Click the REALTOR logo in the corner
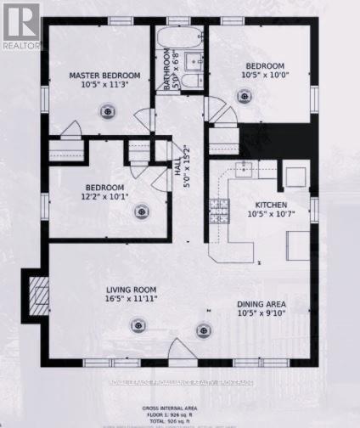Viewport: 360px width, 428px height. [x=20, y=25]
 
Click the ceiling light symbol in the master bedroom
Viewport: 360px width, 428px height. [x=107, y=108]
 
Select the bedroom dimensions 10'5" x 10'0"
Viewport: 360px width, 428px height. [x=267, y=75]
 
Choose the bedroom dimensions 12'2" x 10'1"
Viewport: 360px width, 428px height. [x=104, y=198]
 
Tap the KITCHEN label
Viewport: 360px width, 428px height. [x=269, y=206]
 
